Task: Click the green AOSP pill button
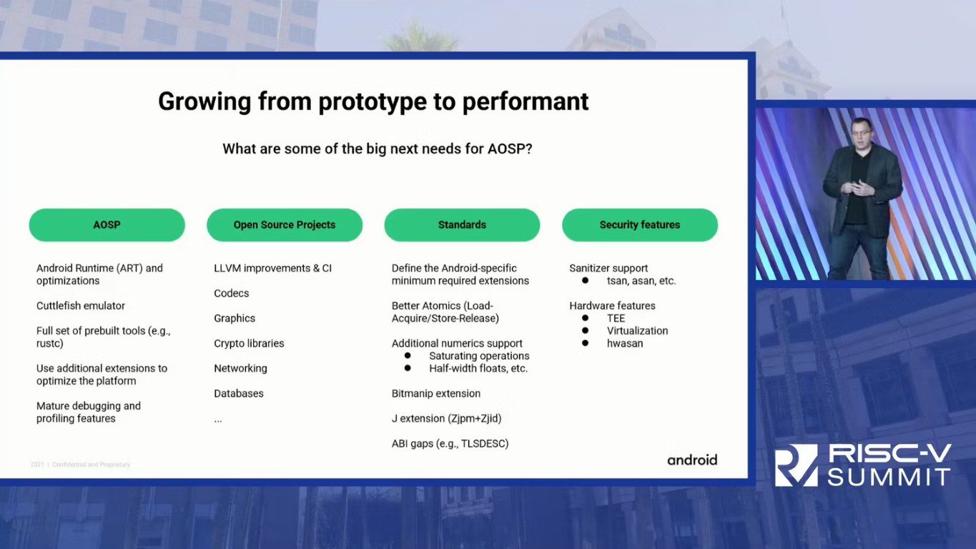(x=107, y=224)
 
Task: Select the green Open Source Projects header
(x=284, y=224)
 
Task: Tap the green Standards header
(x=462, y=224)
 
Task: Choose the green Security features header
(x=639, y=224)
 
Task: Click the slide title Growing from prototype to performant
(x=373, y=102)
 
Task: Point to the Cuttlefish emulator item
(x=81, y=306)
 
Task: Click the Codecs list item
(x=232, y=293)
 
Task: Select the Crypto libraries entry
(x=249, y=343)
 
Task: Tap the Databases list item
(x=239, y=393)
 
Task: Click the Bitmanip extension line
(x=436, y=393)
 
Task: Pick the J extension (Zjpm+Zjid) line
(x=441, y=418)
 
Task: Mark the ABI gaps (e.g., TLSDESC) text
(x=450, y=443)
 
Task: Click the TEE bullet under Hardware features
(x=616, y=318)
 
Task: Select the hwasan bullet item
(x=625, y=343)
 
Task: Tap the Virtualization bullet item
(x=637, y=331)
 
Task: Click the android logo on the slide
(x=692, y=460)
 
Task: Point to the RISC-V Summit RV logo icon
(x=796, y=465)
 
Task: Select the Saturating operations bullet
(x=479, y=356)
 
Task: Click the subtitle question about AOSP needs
(x=377, y=149)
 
